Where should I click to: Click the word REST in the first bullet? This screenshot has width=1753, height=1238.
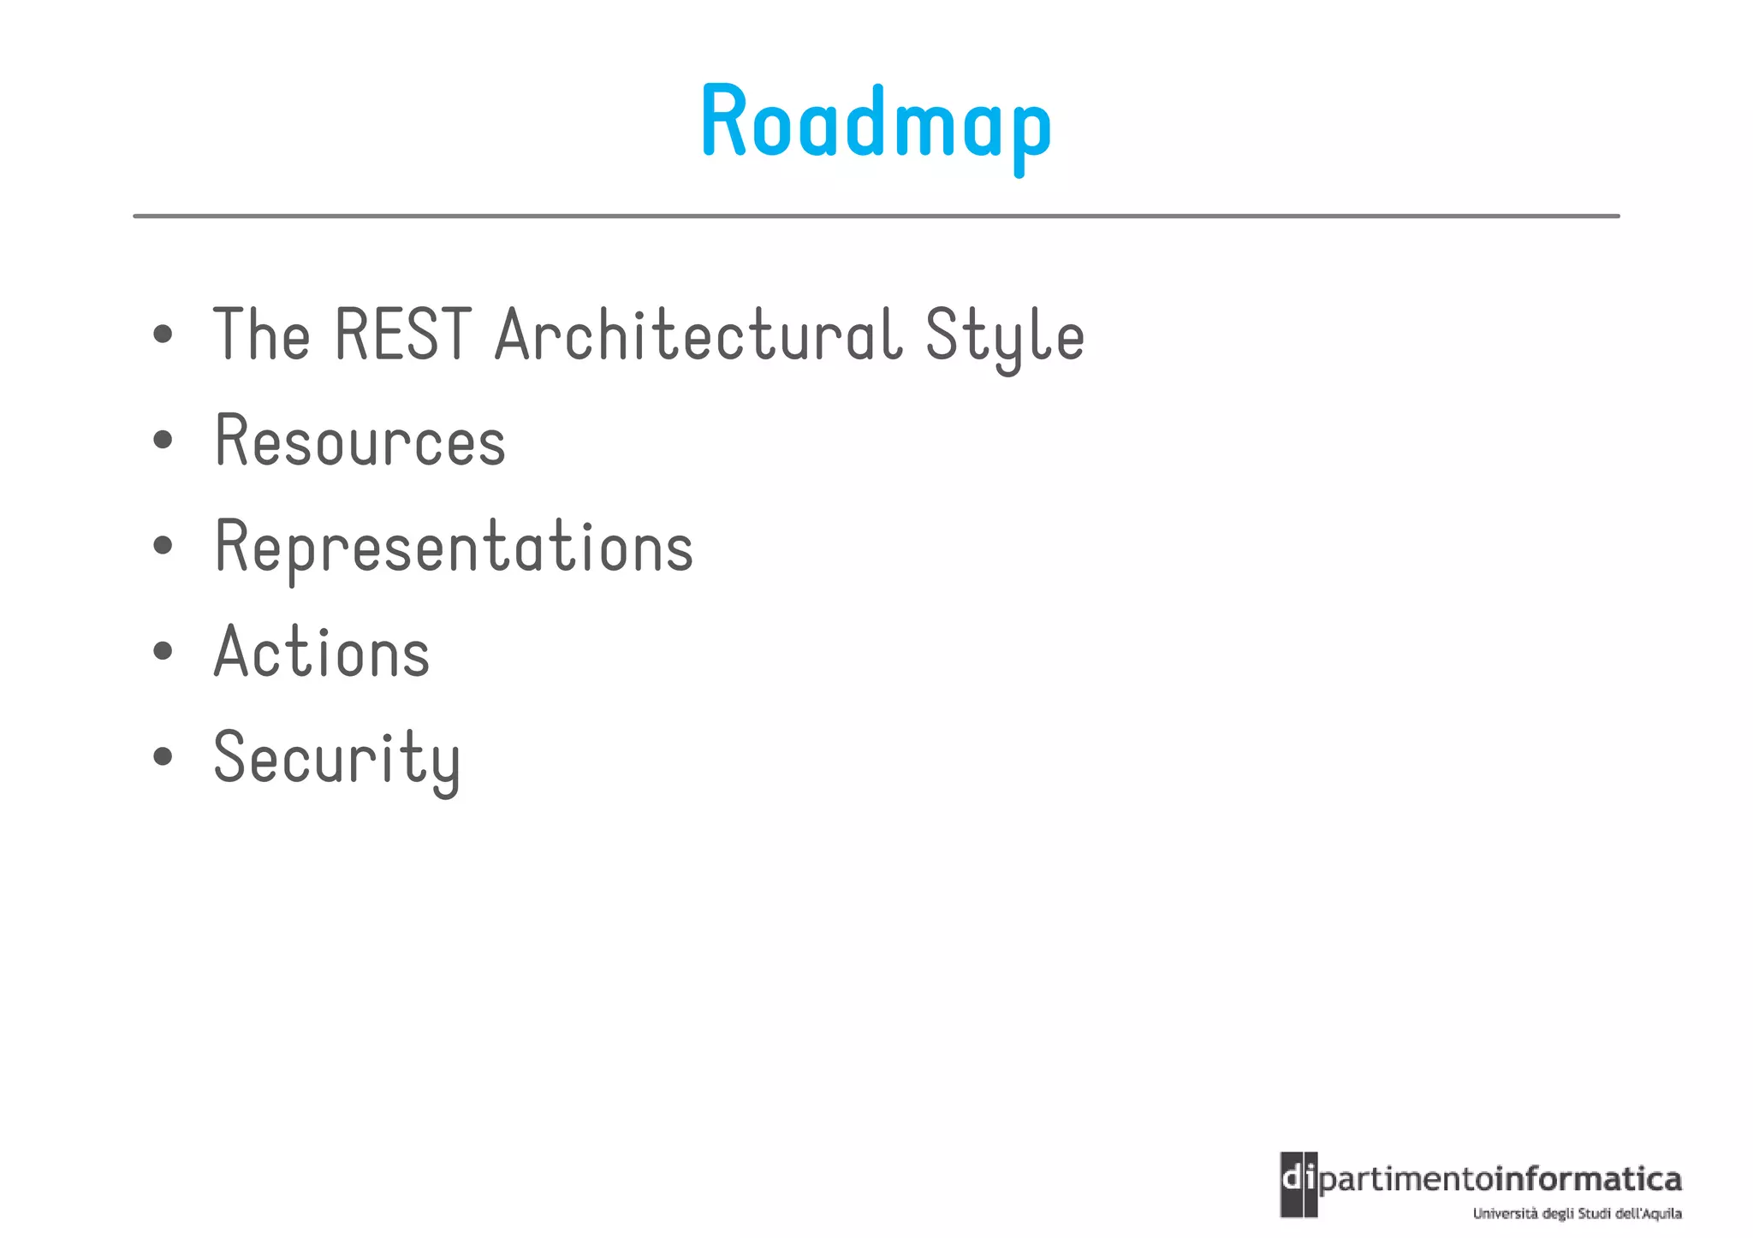(402, 335)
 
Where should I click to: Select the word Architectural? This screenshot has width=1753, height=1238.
(698, 335)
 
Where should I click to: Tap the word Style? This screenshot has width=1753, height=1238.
(1004, 336)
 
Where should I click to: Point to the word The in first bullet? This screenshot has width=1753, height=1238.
(261, 335)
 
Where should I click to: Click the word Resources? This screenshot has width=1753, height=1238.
(360, 441)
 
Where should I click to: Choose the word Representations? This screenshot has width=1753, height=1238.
(454, 547)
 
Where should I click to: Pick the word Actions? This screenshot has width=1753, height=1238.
(322, 653)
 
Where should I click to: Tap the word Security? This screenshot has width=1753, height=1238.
(336, 759)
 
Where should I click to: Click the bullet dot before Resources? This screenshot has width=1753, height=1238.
(163, 441)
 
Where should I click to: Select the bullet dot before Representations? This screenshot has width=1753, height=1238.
(163, 546)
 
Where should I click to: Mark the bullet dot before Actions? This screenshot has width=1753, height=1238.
(163, 651)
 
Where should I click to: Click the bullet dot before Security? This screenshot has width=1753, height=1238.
(163, 756)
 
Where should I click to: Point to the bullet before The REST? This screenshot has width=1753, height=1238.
(163, 335)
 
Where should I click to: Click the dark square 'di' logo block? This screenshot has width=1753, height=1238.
(1298, 1184)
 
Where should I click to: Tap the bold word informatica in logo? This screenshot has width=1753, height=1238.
(1588, 1180)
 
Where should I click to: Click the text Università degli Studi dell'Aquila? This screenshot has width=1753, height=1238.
(1577, 1213)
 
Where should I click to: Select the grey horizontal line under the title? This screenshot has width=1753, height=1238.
(876, 216)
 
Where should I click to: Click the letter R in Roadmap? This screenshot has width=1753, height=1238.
(724, 121)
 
